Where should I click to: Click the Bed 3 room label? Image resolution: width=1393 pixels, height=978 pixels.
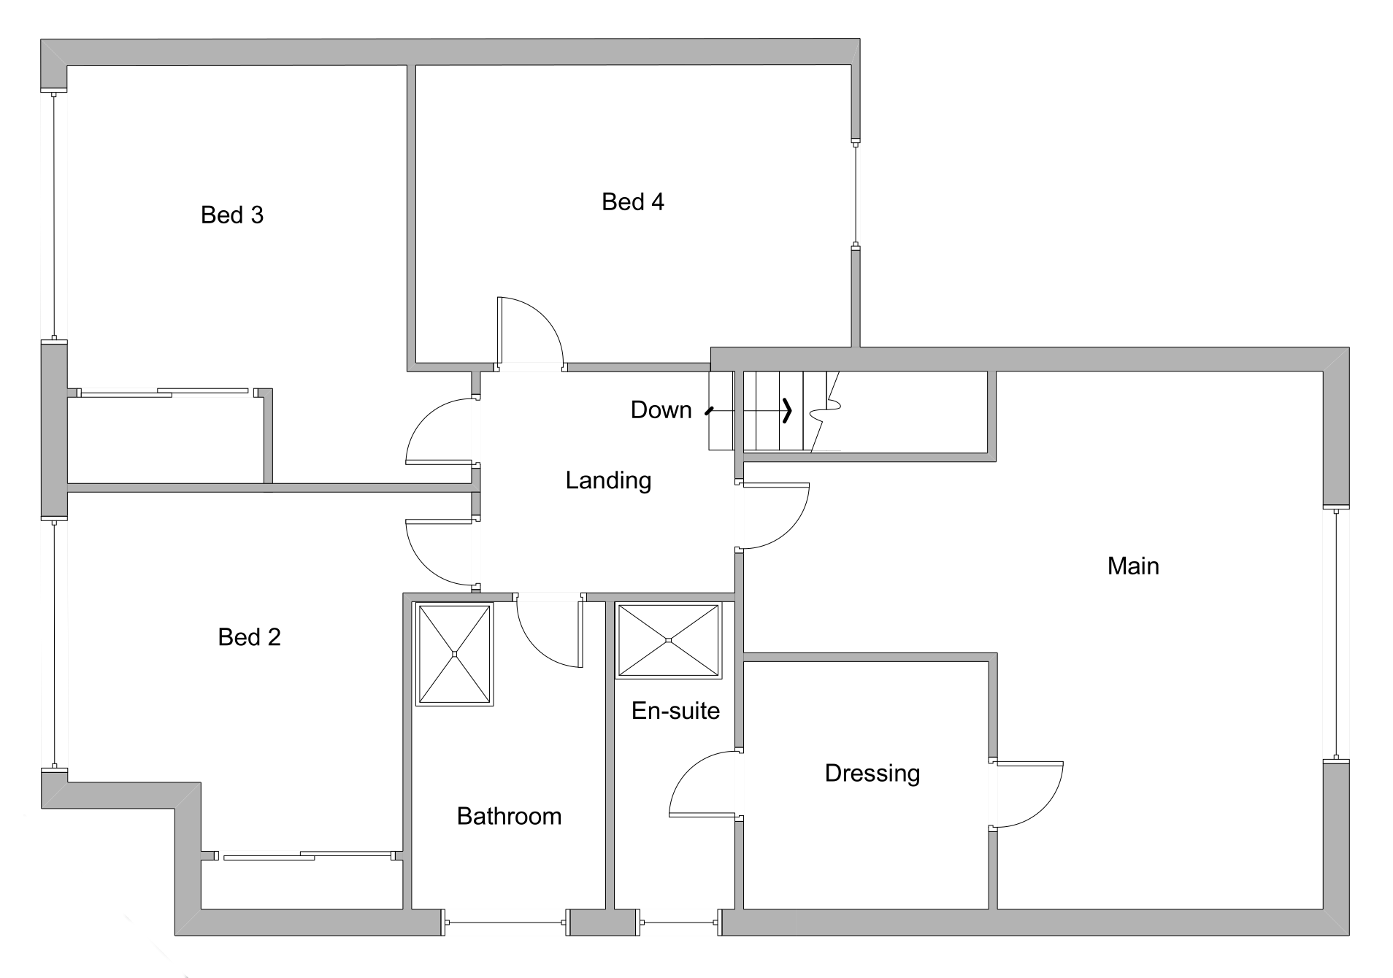pos(231,215)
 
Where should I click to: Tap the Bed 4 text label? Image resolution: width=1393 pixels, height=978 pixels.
pos(632,202)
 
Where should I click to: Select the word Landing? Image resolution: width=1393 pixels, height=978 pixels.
pos(608,480)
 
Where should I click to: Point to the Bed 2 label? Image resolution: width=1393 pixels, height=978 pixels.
pos(249,637)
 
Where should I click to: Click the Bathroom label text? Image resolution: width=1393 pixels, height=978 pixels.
pos(509,816)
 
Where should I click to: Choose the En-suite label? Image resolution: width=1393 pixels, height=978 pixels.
pos(675,711)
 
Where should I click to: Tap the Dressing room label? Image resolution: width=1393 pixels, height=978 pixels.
pos(872,773)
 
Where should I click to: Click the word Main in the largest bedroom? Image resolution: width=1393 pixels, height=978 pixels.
pos(1132,566)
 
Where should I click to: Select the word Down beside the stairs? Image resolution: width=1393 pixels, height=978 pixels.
pos(661,410)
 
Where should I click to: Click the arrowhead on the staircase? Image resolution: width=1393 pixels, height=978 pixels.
pos(787,410)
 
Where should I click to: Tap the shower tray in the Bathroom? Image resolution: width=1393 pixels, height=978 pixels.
pos(454,653)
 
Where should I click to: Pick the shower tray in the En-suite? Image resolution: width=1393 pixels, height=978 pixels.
pos(668,640)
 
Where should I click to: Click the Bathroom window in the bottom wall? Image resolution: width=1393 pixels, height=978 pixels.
pos(506,923)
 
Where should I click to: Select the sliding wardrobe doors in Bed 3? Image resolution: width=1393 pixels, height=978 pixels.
pos(164,393)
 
